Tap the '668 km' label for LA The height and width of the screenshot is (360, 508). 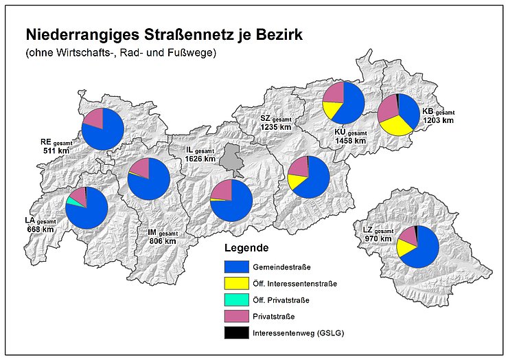41,228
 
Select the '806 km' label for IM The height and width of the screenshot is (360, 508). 163,241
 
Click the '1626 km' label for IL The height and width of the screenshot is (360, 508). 200,159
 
